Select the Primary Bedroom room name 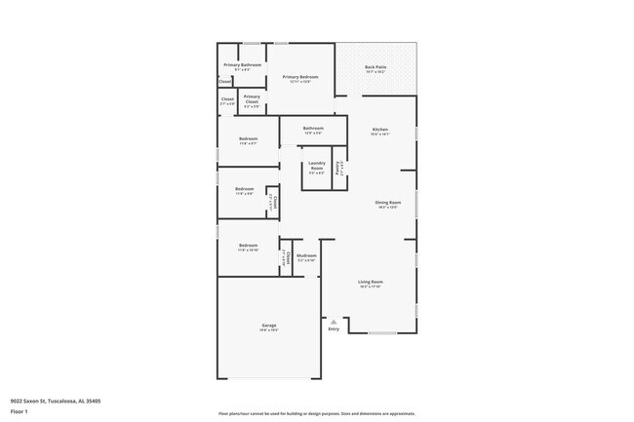click(x=300, y=76)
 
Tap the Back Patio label click(x=376, y=67)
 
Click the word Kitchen click(x=379, y=130)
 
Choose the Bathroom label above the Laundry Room click(x=312, y=128)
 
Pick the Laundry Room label click(x=316, y=165)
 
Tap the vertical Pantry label click(x=339, y=166)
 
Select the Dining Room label click(x=387, y=203)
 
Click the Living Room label click(x=370, y=282)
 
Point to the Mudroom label click(x=306, y=255)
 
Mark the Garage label click(x=268, y=325)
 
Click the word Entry click(x=334, y=329)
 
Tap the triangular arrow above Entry click(x=334, y=321)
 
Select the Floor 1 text click(x=20, y=410)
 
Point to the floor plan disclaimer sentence click(x=317, y=413)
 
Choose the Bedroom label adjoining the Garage click(x=248, y=246)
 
